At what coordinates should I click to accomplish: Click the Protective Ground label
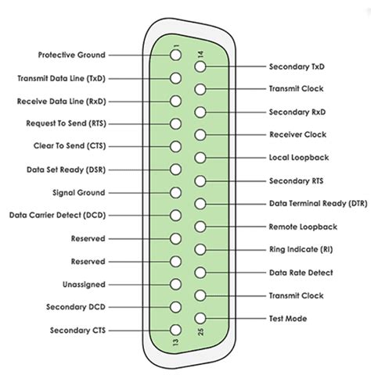[x=72, y=55]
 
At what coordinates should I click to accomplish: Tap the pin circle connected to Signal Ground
[x=175, y=193]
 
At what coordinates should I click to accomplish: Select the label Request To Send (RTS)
[x=67, y=123]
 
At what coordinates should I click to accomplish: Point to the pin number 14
[x=200, y=54]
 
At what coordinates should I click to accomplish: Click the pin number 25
[x=200, y=331]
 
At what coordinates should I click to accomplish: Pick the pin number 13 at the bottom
[x=176, y=342]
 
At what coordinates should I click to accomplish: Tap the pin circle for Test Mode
[x=200, y=318]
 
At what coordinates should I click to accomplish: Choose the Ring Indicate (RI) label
[x=301, y=249]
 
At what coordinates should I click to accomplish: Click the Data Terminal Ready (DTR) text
[x=319, y=203]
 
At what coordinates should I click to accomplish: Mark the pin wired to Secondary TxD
[x=200, y=66]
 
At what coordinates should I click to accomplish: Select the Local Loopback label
[x=299, y=158]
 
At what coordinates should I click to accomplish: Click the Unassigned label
[x=84, y=284]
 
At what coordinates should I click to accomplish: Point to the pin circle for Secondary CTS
[x=175, y=330]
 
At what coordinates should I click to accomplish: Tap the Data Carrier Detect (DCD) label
[x=58, y=216]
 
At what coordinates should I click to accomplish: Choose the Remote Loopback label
[x=303, y=227]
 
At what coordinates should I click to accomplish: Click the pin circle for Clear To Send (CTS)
[x=175, y=147]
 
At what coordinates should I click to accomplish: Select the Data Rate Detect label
[x=301, y=273]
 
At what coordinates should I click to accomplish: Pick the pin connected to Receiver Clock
[x=200, y=135]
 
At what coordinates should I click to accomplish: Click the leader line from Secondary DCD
[x=139, y=307]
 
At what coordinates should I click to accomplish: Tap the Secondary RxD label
[x=297, y=112]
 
